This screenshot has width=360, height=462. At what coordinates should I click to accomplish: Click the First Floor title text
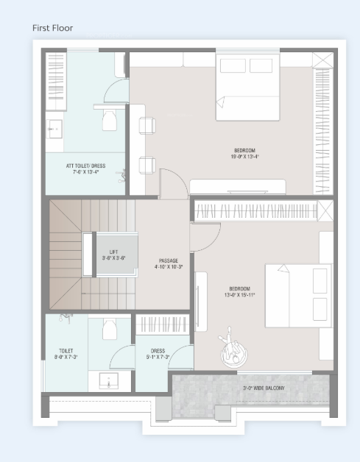[x=57, y=28]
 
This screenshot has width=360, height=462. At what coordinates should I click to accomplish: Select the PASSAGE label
[x=169, y=260]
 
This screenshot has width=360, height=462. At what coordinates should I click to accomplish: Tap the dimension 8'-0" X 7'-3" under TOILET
[x=66, y=357]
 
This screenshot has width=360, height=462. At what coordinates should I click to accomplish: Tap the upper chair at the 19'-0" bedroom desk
[x=147, y=124]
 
